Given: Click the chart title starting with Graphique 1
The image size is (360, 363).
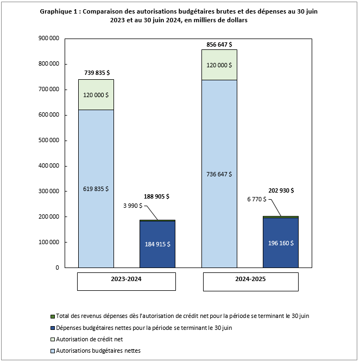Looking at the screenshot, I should click(180, 15).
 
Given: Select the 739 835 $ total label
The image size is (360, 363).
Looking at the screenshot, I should click(96, 72).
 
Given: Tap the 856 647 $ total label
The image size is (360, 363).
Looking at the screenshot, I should click(219, 43).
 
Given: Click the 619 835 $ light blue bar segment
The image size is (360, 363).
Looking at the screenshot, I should click(96, 188).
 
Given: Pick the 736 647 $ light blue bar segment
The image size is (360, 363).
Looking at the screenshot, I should click(219, 174).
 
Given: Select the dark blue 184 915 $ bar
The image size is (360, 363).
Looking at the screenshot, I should click(157, 244).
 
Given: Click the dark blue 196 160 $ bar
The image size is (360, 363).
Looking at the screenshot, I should click(281, 243).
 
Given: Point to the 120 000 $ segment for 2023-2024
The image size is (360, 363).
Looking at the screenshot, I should click(96, 94).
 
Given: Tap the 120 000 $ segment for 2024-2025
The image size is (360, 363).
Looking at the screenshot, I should click(219, 65).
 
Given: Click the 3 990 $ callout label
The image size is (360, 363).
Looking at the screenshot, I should click(133, 206).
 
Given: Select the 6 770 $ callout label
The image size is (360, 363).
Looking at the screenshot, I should click(256, 199).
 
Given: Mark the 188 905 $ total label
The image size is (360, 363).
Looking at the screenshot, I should click(157, 196).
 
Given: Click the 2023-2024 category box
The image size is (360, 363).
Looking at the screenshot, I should click(127, 281).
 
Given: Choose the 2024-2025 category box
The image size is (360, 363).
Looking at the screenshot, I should click(250, 281).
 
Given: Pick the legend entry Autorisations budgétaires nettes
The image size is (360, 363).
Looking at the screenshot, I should click(98, 351).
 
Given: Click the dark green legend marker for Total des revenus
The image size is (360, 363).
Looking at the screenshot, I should click(52, 316).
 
